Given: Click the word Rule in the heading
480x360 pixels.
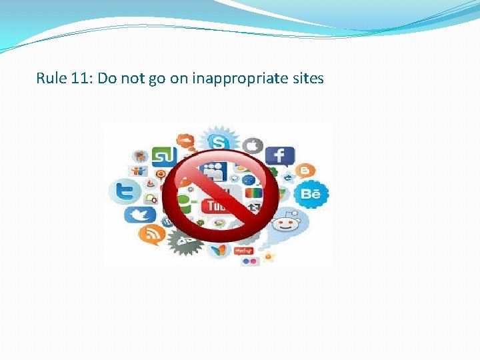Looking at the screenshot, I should (51, 79).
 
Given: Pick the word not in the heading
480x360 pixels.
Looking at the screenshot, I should (133, 79).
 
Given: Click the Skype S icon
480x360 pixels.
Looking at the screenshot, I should (217, 142).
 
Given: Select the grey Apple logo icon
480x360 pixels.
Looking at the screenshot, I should (252, 145).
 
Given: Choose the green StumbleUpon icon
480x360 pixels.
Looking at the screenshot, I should (163, 157).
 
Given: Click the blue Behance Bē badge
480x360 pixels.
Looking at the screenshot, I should (311, 195).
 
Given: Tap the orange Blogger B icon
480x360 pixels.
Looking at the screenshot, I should (305, 171).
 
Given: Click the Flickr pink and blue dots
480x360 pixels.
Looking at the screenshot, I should (250, 261).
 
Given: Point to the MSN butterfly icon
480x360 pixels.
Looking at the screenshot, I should (218, 250).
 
